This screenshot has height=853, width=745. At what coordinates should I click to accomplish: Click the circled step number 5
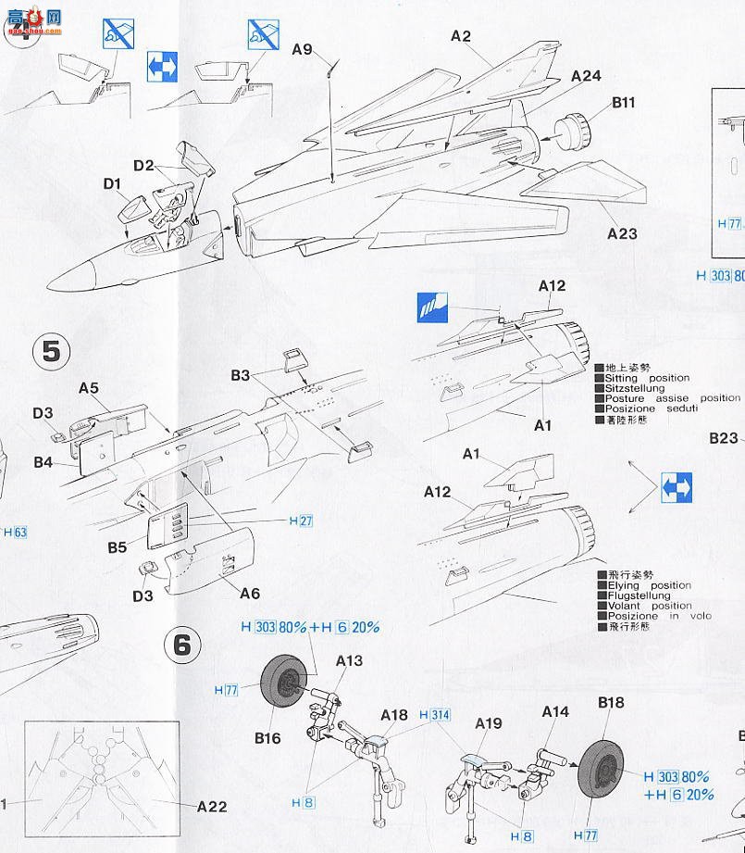52,351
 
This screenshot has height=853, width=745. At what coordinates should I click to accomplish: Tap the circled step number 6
181,644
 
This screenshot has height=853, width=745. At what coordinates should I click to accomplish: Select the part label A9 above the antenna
303,50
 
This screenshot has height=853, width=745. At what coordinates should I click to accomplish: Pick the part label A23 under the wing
622,233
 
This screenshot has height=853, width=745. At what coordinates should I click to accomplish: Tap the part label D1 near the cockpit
113,184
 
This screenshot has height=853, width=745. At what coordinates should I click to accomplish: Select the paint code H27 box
301,521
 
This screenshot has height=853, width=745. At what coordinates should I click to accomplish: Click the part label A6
250,594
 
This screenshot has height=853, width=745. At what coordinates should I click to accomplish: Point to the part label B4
43,460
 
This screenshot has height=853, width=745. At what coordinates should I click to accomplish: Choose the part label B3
241,375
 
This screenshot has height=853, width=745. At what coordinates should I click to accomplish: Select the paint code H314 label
434,716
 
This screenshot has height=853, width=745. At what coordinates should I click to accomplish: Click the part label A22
211,807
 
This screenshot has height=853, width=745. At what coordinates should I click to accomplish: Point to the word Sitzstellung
634,388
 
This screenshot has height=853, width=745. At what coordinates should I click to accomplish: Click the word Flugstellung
637,596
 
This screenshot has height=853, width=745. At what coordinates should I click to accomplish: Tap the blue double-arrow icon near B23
677,487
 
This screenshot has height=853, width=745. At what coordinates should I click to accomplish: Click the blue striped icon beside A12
432,307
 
